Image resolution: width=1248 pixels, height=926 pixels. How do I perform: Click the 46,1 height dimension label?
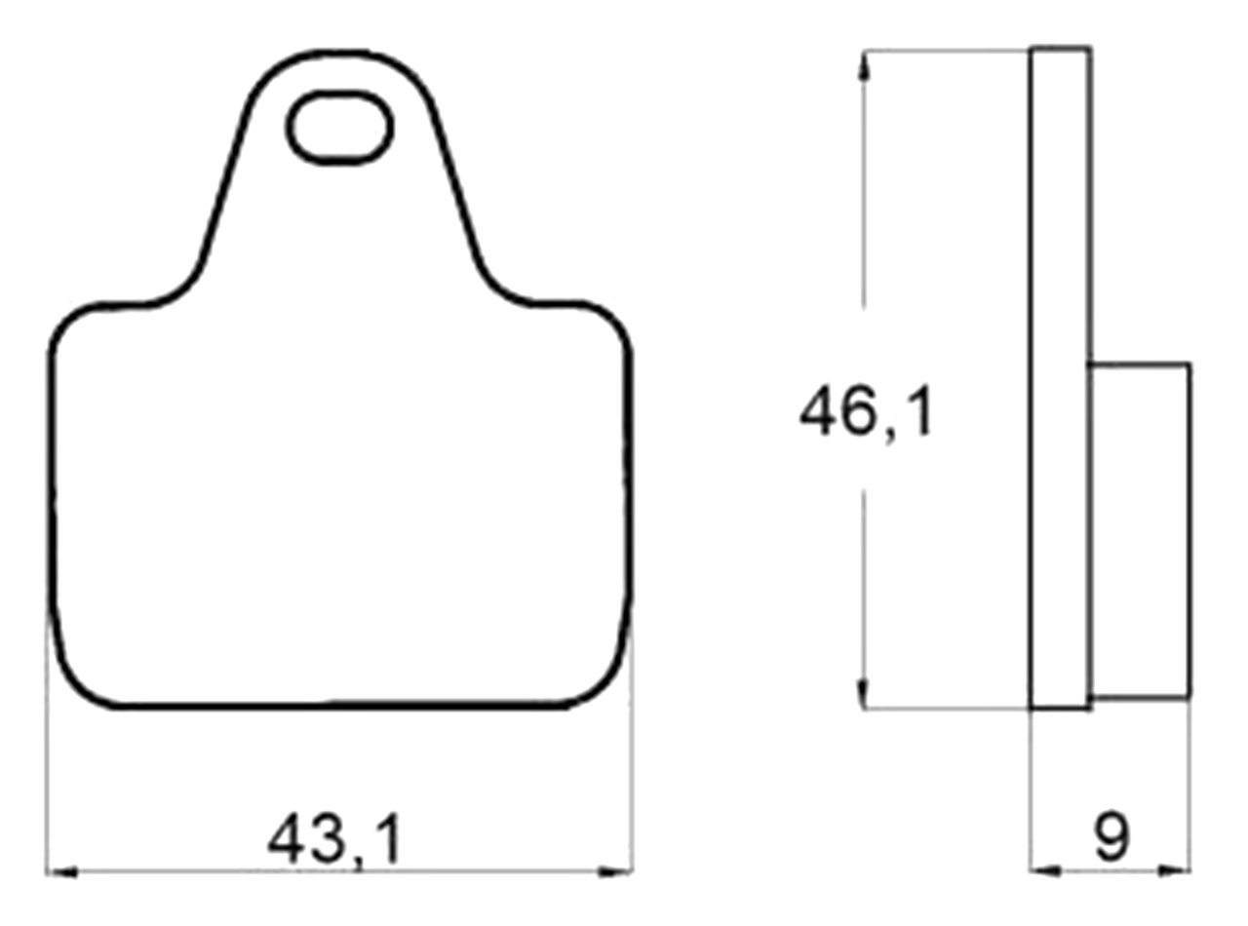coord(867,411)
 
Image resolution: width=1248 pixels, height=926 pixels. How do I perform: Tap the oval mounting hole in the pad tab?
coord(339,127)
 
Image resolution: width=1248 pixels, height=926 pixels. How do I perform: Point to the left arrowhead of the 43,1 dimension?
coord(61,872)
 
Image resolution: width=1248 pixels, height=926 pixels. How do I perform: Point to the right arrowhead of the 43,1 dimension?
coord(615,872)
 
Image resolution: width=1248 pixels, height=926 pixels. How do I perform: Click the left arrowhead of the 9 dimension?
coord(1045,871)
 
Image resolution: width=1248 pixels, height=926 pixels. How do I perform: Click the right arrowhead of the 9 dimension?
coord(1175,871)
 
